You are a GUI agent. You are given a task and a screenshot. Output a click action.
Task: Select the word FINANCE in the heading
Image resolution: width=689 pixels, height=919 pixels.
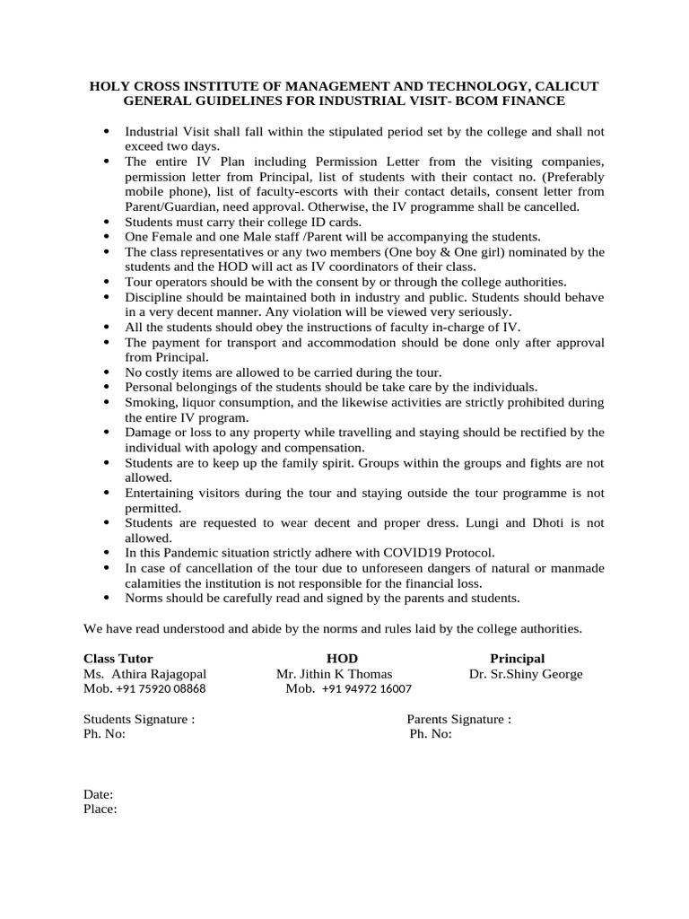coord(533,101)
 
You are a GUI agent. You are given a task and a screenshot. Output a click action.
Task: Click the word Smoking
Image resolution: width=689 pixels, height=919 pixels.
coord(150,402)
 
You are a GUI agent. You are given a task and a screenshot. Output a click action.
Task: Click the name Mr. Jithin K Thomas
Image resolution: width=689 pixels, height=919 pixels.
coord(334,674)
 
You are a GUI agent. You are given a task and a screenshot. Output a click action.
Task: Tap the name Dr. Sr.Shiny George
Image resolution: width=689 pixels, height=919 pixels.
coord(526,674)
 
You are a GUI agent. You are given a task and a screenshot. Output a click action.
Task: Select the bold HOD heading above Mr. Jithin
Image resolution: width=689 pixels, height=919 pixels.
coord(342,659)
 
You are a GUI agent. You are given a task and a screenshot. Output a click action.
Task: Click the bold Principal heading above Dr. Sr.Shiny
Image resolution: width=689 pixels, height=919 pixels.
coord(517,659)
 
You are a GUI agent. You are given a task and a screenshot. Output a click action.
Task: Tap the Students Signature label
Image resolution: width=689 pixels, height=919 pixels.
coord(139,719)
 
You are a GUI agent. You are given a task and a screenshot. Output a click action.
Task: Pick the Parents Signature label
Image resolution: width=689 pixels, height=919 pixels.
coord(459,719)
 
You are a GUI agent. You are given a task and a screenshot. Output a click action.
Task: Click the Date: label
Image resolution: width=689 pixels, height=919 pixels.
coord(99,794)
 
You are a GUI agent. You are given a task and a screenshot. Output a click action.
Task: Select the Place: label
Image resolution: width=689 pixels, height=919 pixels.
coord(100,809)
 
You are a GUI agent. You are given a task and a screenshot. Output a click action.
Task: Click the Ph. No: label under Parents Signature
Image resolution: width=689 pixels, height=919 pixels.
coord(431,734)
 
